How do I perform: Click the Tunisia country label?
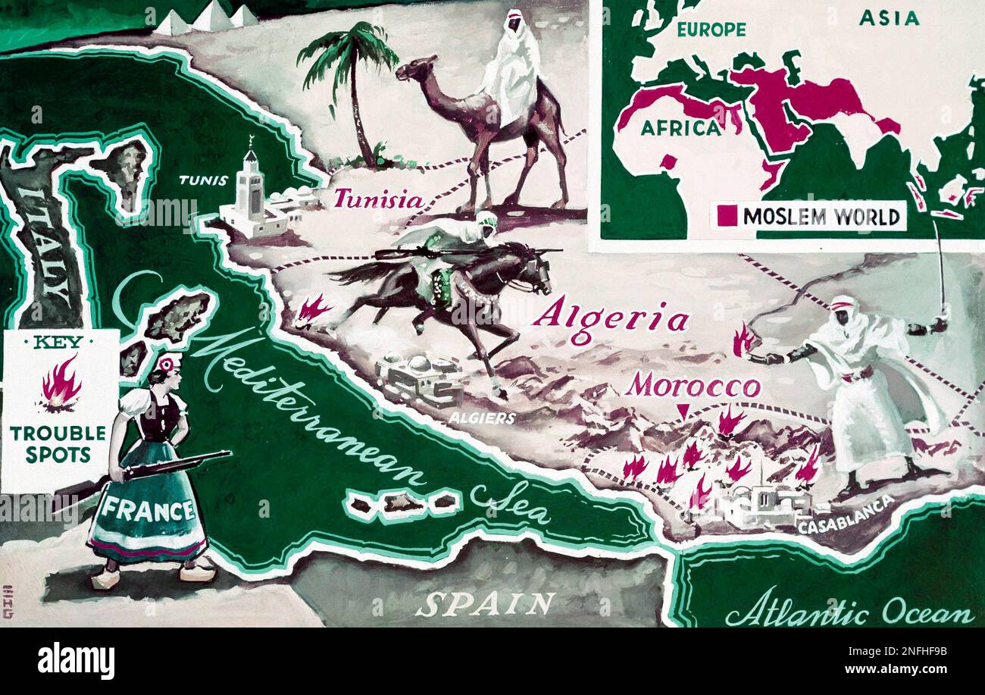coord(378,199)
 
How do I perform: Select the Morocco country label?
coord(692,387)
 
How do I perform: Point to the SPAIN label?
coord(484,604)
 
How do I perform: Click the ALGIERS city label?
coord(482,418)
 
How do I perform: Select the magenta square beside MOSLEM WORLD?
coord(727,216)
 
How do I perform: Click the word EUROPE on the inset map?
coord(711,30)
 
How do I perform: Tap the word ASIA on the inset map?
coord(888,18)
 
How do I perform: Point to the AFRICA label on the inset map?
coord(680,127)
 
